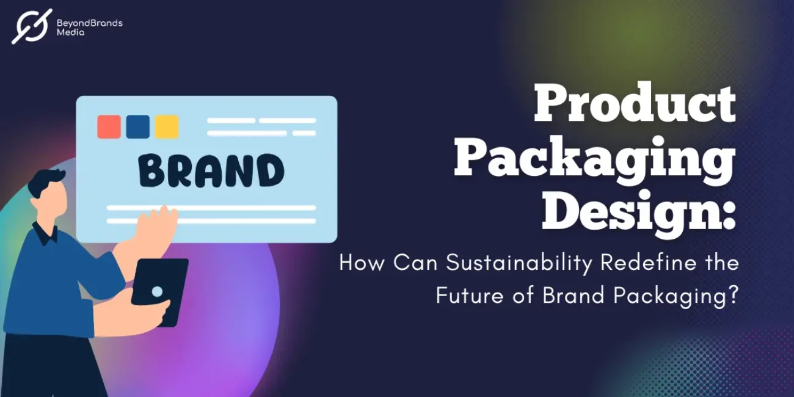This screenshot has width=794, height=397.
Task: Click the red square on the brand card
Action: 109,126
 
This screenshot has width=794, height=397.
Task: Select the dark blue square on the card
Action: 137,126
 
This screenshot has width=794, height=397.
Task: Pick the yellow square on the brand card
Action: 166,126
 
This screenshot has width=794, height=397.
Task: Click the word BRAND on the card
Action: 211,171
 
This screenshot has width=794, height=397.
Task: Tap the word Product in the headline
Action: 635,104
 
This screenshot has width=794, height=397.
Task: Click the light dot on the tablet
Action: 157,291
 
